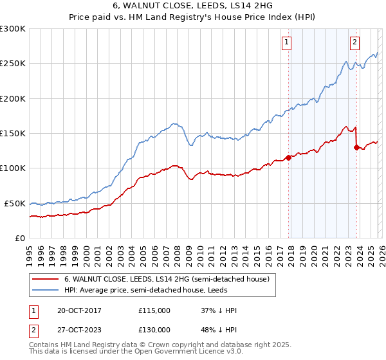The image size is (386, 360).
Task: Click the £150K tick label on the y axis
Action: click(13, 133)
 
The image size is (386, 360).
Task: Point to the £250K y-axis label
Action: click(13, 64)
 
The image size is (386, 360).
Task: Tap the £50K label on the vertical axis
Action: click(15, 203)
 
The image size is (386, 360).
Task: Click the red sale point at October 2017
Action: click(288, 157)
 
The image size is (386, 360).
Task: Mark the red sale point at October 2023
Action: click(356, 147)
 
